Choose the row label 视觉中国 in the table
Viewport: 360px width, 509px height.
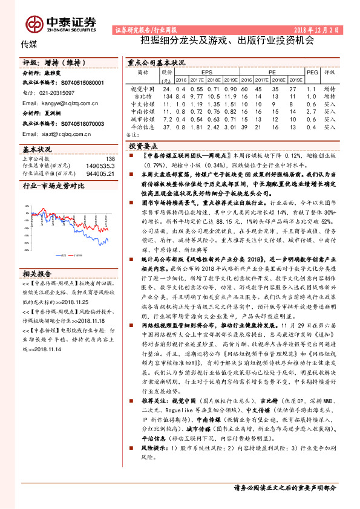143,88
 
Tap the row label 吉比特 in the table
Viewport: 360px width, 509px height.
143,96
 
